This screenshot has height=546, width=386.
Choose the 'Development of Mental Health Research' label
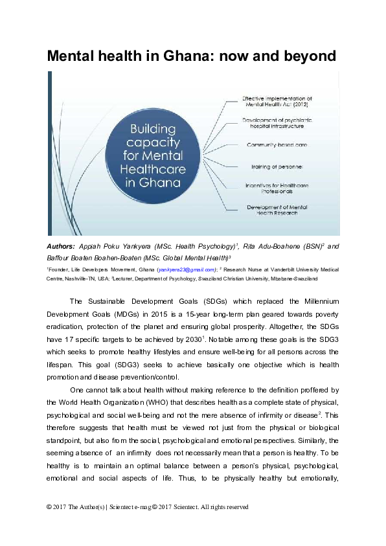pyautogui.click(x=277, y=209)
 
